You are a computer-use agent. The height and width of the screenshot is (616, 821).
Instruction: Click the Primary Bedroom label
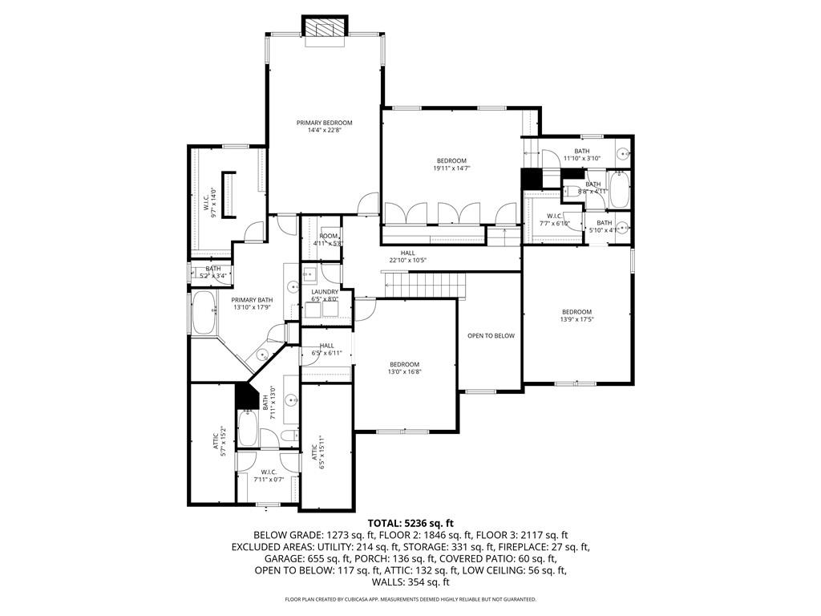click(x=324, y=123)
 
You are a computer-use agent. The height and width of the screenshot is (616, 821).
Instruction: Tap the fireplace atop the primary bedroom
click(x=324, y=26)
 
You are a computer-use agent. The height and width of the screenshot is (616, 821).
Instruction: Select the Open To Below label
click(x=491, y=335)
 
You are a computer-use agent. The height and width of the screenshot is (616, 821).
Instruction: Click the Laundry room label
click(x=325, y=292)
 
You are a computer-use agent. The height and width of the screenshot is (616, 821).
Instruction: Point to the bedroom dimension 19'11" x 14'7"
click(x=451, y=168)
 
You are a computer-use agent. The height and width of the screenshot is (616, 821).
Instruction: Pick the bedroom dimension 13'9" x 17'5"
click(x=576, y=320)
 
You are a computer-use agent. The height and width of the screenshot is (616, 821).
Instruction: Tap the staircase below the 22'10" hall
click(x=424, y=283)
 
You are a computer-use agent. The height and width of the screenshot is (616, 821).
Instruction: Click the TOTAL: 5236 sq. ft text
click(x=410, y=523)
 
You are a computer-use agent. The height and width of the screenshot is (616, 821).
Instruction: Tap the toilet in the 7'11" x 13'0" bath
click(x=287, y=436)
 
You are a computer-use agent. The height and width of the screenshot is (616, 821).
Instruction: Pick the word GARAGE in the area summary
click(x=284, y=559)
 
